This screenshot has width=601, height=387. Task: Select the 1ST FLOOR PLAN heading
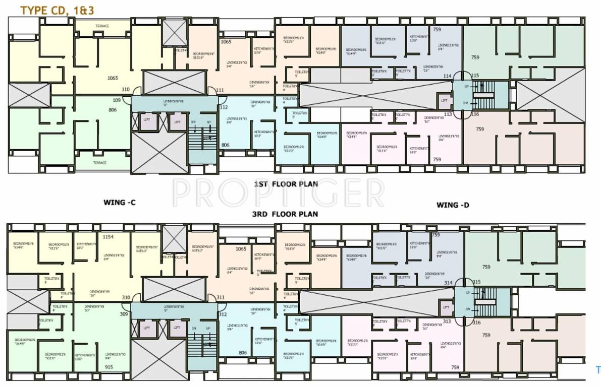[286, 184]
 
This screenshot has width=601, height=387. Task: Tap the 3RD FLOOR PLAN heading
[286, 214]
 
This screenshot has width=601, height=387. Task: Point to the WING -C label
[120, 203]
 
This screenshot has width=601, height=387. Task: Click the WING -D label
[453, 205]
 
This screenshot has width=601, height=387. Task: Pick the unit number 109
[117, 100]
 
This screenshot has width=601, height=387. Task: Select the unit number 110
[126, 90]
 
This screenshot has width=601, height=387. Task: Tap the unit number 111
[220, 90]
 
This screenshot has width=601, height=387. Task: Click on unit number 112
[224, 107]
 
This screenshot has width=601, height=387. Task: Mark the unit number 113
[447, 114]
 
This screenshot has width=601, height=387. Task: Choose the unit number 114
[447, 76]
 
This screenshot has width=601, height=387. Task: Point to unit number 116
[475, 114]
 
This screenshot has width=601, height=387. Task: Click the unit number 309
[124, 314]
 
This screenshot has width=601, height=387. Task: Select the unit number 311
[221, 297]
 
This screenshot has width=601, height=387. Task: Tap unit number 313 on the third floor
[447, 321]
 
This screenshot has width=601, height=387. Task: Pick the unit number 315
[476, 282]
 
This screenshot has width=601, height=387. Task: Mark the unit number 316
[476, 322]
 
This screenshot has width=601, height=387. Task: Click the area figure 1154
[108, 236]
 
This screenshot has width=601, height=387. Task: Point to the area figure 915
[109, 367]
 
